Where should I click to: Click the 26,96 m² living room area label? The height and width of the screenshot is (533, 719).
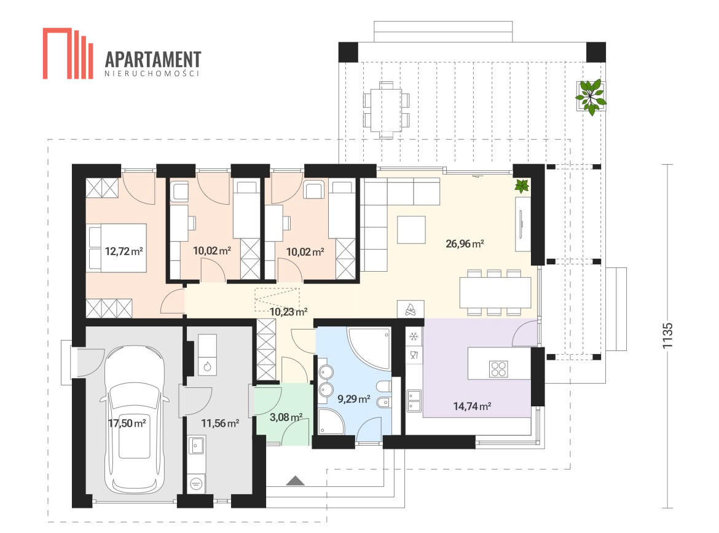[x=465, y=243]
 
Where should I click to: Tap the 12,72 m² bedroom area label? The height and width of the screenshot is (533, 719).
[x=124, y=251]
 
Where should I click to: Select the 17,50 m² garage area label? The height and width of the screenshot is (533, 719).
[x=127, y=423]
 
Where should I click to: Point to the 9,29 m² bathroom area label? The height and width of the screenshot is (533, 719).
[x=354, y=398]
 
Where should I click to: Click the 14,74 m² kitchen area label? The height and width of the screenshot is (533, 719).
[x=473, y=406]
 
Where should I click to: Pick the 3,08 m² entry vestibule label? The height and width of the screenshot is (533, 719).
[x=286, y=417]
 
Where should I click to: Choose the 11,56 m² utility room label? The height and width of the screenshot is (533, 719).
[x=220, y=423]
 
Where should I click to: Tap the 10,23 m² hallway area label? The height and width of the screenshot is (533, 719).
[x=288, y=312]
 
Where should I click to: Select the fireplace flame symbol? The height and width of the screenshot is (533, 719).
[x=411, y=310]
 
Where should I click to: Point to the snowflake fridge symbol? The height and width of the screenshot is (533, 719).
[x=414, y=337]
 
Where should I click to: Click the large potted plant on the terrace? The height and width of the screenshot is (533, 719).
[x=591, y=97]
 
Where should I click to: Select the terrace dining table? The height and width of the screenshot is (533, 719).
[x=387, y=109]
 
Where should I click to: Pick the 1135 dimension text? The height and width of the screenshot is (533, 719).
[x=667, y=335]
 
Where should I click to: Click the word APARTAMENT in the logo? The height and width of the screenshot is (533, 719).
[x=153, y=60]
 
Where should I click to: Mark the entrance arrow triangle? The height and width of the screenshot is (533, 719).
[x=296, y=481]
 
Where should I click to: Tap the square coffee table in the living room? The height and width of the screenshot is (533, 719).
[x=411, y=229]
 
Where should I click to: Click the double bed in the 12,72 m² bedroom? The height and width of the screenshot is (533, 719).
[x=117, y=248]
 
